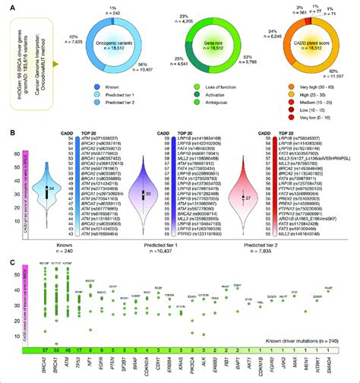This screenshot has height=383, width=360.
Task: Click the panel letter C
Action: point(7,262)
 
